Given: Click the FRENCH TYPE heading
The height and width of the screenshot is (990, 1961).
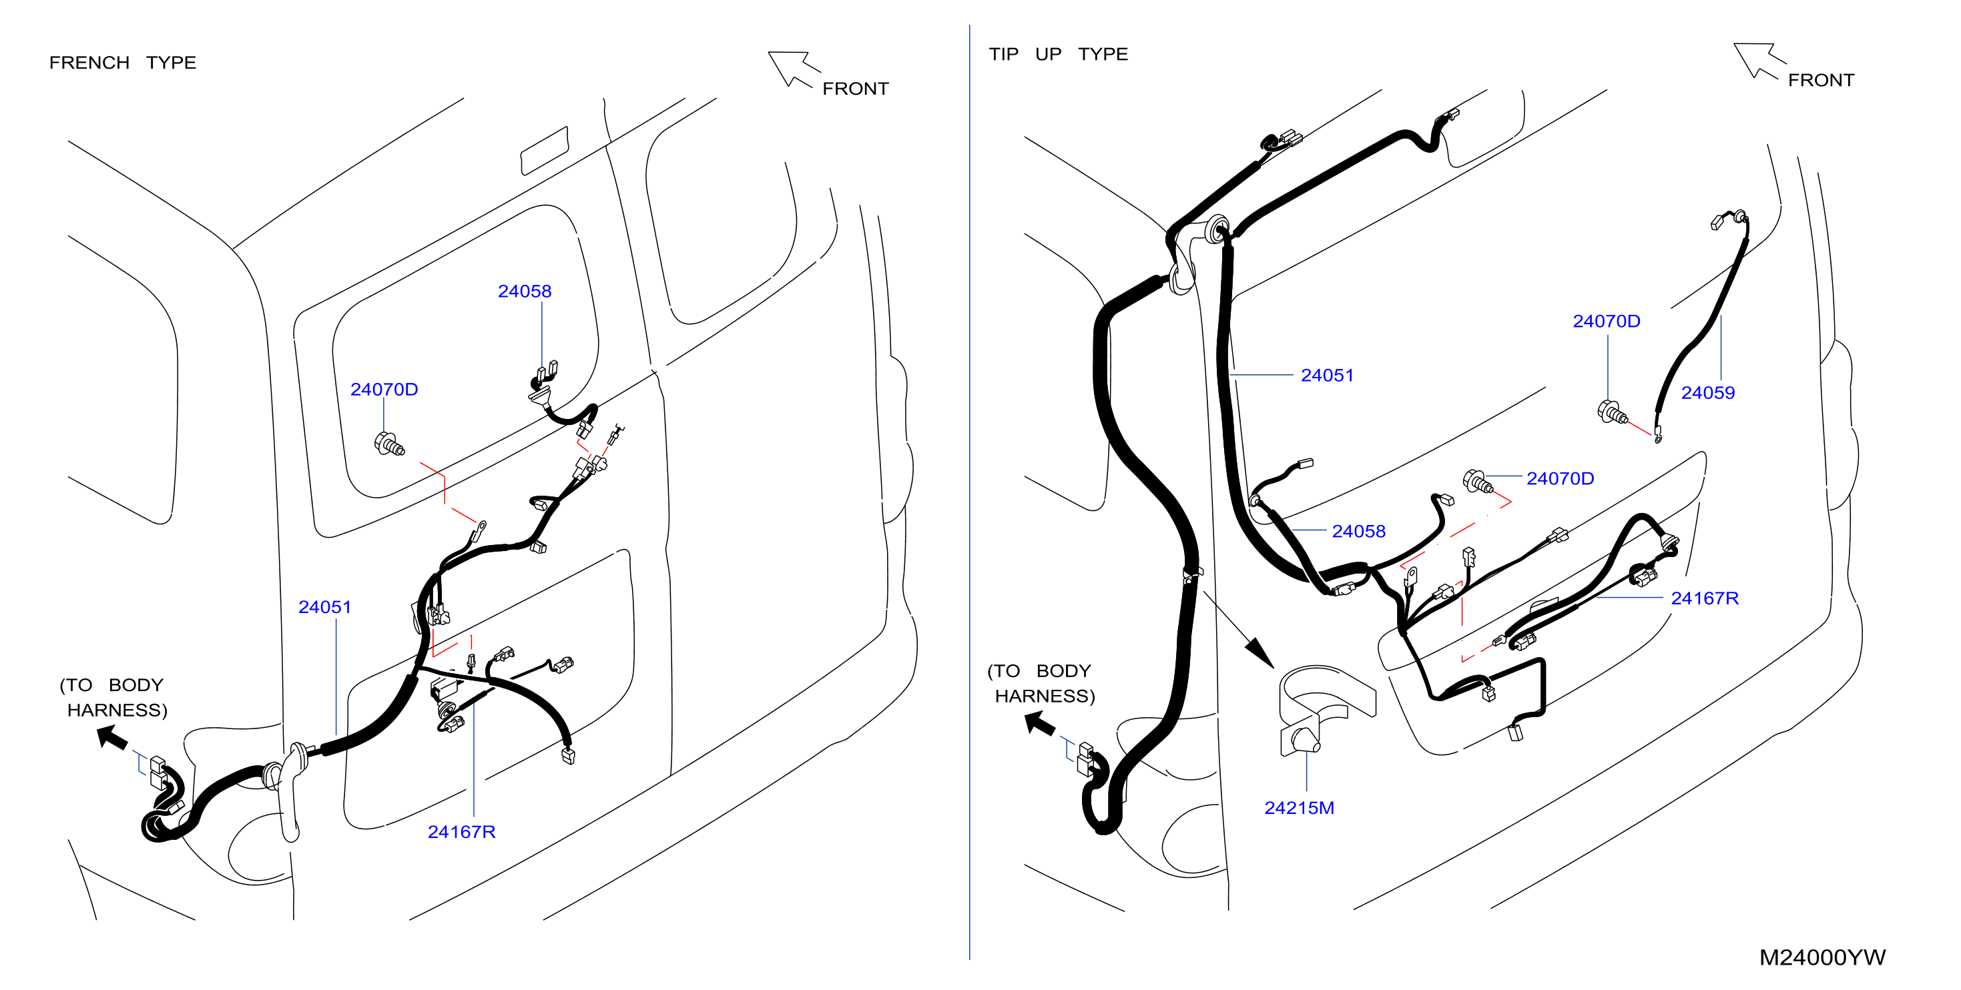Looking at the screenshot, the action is click(123, 63).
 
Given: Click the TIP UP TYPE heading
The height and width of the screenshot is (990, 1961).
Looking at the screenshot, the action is click(1058, 54).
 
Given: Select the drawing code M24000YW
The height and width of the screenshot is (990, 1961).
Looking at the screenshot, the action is click(1822, 957).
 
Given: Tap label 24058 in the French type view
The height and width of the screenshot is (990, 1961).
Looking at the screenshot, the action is click(525, 291).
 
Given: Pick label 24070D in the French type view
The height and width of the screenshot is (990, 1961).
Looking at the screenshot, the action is click(384, 389).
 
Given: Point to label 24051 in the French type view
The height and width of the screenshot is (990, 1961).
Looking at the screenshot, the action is click(325, 606).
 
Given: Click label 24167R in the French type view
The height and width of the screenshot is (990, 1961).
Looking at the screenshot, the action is click(461, 832).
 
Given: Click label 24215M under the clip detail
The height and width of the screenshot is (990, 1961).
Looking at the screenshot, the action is click(1299, 808).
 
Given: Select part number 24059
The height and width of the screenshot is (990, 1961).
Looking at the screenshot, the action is click(1707, 393).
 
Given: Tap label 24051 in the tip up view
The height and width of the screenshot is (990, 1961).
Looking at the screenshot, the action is click(1327, 375).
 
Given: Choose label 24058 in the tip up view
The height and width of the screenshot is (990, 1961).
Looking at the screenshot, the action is click(1358, 531).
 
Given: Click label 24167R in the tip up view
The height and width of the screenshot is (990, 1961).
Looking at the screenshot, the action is click(1705, 598).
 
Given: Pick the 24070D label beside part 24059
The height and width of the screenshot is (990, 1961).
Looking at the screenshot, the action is click(1607, 321).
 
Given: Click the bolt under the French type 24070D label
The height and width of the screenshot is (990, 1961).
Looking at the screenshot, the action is click(389, 444).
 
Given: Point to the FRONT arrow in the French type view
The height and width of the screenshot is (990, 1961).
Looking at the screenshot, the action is click(792, 69).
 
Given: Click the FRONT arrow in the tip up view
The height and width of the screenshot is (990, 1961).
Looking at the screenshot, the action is click(1757, 60).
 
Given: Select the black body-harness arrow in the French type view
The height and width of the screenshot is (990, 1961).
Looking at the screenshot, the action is click(112, 736).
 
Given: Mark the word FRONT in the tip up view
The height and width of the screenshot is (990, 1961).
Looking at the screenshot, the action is click(1821, 80).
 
